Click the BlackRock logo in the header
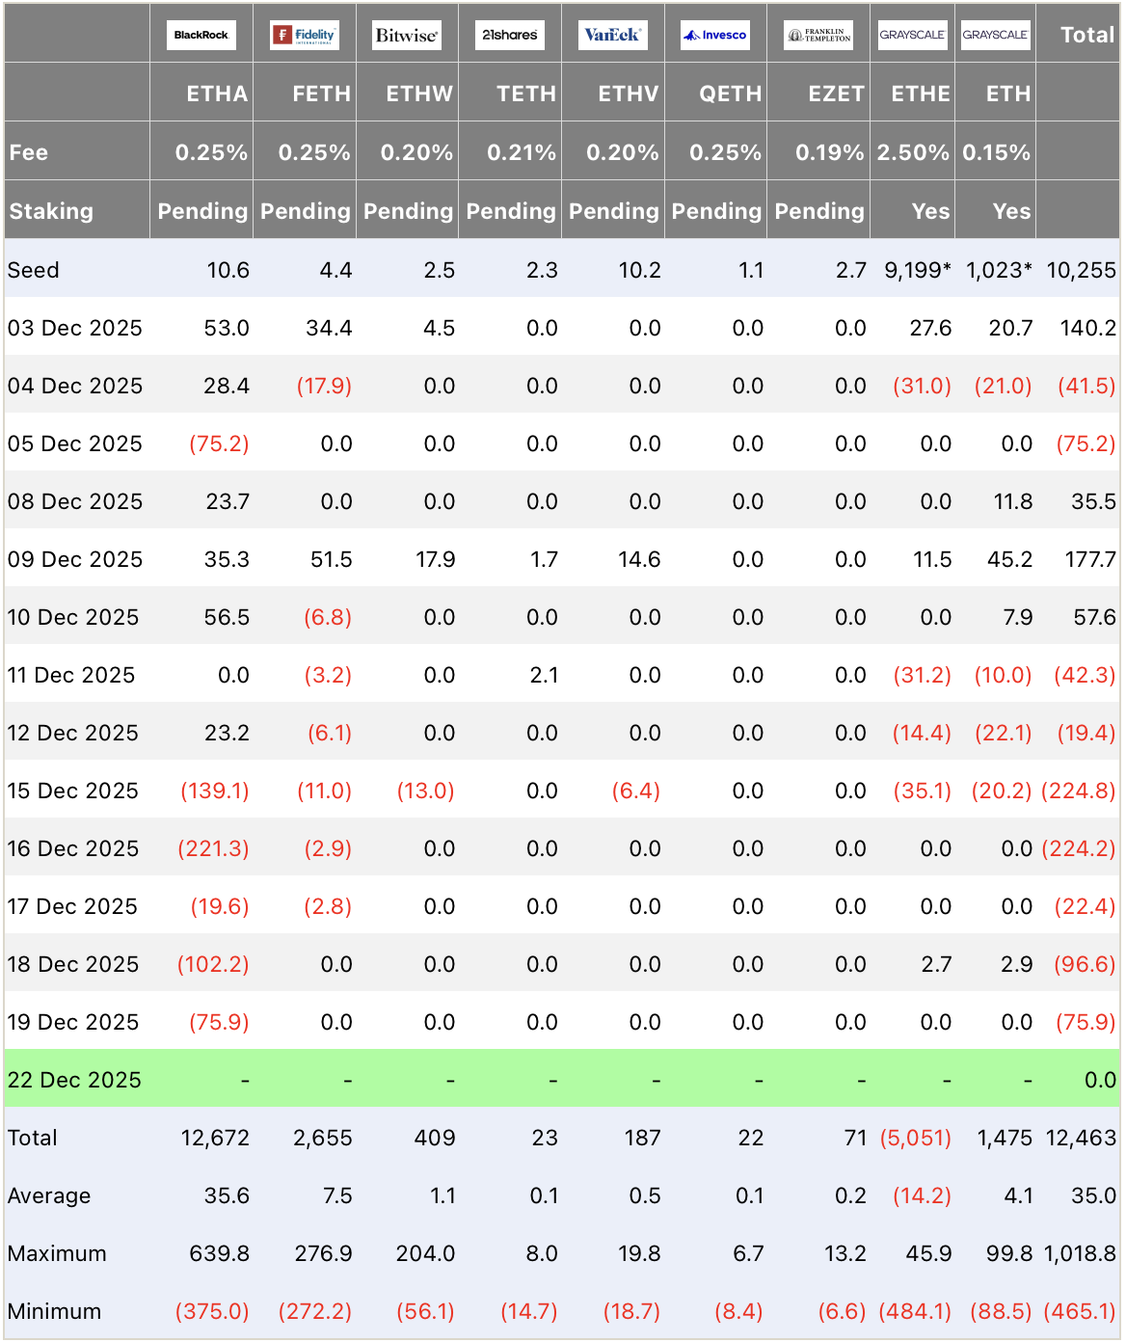[x=201, y=35]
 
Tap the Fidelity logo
[x=304, y=35]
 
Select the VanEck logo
[x=612, y=35]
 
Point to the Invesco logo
[x=715, y=35]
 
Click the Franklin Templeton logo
[x=818, y=35]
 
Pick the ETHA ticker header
[x=217, y=94]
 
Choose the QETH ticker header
[x=730, y=94]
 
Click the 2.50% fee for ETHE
[x=912, y=152]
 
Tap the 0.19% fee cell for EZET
[x=829, y=152]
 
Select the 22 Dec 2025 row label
[x=74, y=1080]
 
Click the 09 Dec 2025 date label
[x=74, y=559]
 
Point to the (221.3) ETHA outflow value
[x=213, y=848]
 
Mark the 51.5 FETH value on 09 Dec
[x=331, y=559]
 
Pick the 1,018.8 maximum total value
[x=1080, y=1253]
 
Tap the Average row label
[x=49, y=1195]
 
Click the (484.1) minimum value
[x=915, y=1311]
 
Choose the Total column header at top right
[x=1086, y=35]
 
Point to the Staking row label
[x=51, y=211]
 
